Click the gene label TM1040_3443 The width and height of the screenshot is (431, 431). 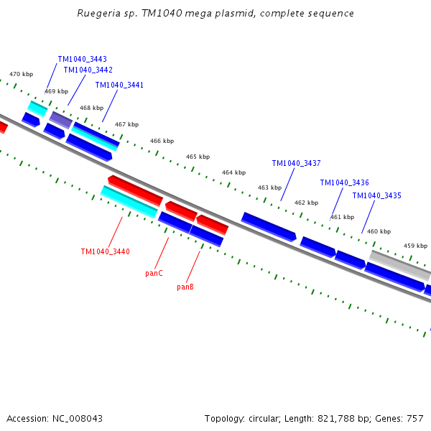pyautogui.click(x=82, y=59)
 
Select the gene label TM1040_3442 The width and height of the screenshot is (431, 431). pyautogui.click(x=88, y=70)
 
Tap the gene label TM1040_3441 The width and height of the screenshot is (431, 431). pyautogui.click(x=119, y=85)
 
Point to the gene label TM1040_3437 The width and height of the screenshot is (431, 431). pyautogui.click(x=296, y=163)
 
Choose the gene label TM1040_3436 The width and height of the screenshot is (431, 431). pyautogui.click(x=344, y=182)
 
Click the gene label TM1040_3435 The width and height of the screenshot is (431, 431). pyautogui.click(x=376, y=195)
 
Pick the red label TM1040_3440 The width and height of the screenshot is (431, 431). pyautogui.click(x=105, y=251)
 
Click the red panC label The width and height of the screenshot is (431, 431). pyautogui.click(x=154, y=273)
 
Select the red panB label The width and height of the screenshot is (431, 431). pyautogui.click(x=185, y=287)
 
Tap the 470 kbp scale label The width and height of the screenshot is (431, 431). pyautogui.click(x=21, y=74)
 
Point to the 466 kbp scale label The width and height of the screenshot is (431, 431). pyautogui.click(x=162, y=141)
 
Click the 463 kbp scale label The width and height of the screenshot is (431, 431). pyautogui.click(x=269, y=187)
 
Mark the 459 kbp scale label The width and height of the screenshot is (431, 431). pyautogui.click(x=415, y=246)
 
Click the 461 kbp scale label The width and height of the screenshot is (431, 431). pyautogui.click(x=342, y=217)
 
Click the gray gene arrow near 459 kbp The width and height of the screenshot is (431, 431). pyautogui.click(x=399, y=265)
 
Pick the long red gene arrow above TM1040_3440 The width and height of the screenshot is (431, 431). pyautogui.click(x=135, y=190)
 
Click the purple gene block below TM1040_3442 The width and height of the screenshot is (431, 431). pyautogui.click(x=60, y=119)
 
